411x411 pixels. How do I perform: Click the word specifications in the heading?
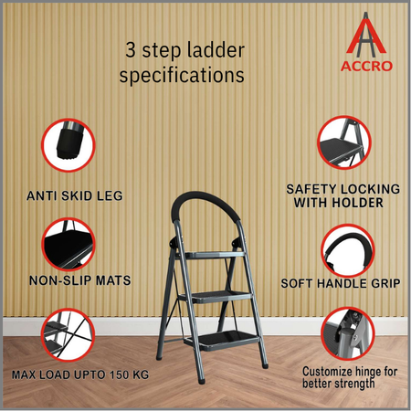click(x=182, y=77)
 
